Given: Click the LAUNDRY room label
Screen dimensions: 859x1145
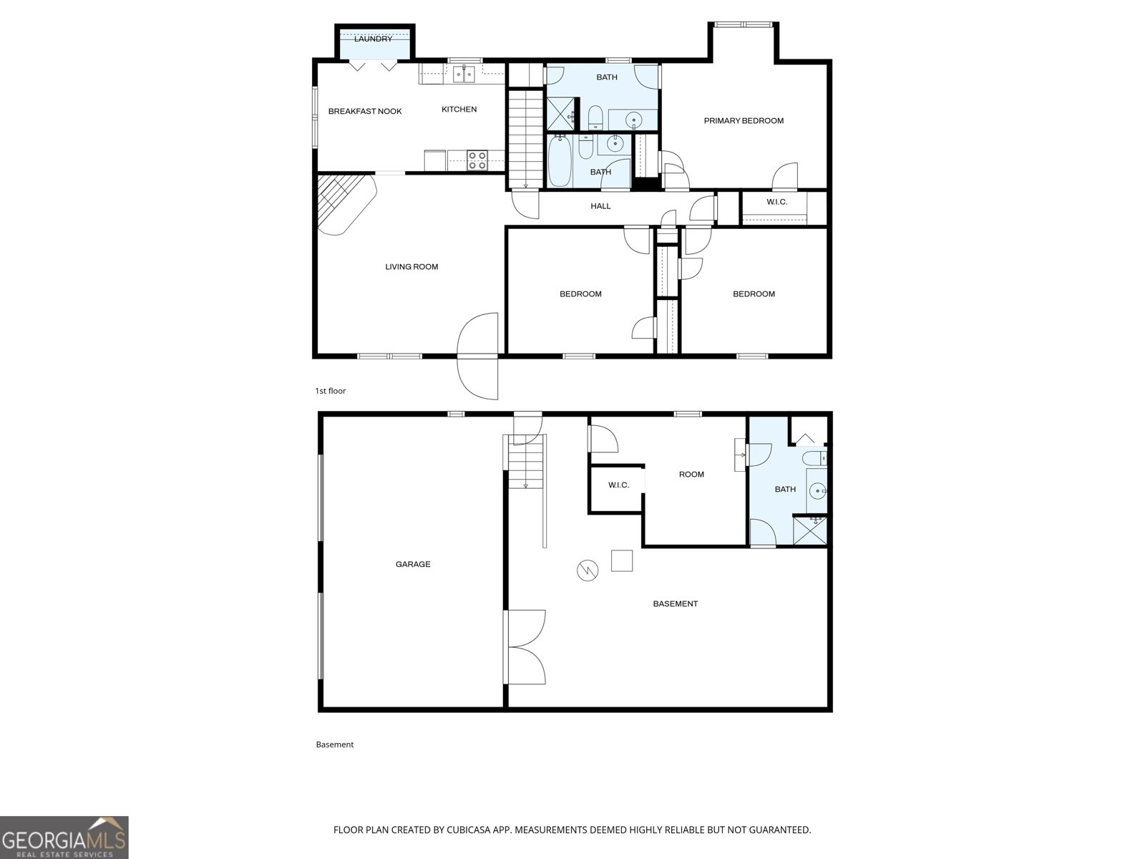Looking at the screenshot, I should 373,39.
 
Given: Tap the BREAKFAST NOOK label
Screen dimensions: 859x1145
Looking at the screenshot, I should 365,111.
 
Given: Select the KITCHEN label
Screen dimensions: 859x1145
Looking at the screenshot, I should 459,110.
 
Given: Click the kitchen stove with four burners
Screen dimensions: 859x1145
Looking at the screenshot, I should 477,160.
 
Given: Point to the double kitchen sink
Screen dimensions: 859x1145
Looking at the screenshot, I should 464,74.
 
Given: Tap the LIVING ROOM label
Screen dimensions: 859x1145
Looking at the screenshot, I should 411,267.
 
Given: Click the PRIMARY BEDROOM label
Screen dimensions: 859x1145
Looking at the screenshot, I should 744,121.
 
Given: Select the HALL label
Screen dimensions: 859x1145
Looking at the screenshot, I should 600,206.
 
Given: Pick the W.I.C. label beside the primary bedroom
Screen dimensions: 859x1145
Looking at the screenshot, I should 776,202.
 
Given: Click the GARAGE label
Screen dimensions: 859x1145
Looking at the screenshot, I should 413,564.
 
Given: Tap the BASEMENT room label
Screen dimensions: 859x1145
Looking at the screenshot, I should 675,603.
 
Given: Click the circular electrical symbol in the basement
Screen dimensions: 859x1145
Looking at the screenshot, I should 587,571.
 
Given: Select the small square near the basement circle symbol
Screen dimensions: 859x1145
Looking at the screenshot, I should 622,560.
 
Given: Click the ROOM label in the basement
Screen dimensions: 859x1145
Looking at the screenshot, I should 691,475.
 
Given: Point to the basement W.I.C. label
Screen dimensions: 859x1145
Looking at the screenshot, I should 618,485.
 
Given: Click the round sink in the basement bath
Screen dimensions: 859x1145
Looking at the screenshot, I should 817,491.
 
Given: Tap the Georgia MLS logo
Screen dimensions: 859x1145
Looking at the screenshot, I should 64,838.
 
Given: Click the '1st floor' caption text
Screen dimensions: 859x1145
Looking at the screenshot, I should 331,391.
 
